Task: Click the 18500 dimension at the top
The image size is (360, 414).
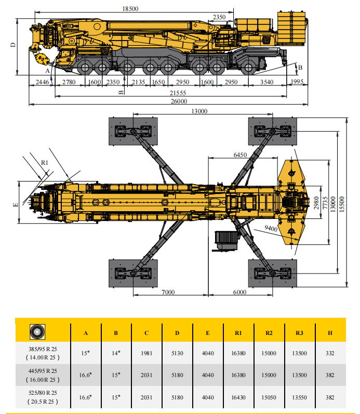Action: pos(130,9)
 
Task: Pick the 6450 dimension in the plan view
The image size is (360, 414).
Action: pos(240,155)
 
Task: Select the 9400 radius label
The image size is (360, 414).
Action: pos(270,228)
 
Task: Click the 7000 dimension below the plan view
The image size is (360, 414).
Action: pos(167,292)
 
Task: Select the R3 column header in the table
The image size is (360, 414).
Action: pos(299,332)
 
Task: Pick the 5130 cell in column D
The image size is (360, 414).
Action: pos(177,353)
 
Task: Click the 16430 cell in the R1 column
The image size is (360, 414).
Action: pos(238,397)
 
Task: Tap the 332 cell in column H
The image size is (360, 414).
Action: pos(330,353)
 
